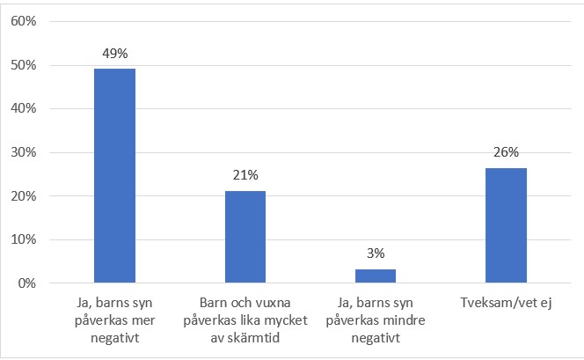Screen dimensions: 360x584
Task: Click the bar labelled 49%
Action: pyautogui.click(x=115, y=176)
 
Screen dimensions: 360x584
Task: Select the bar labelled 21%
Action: pyautogui.click(x=245, y=237)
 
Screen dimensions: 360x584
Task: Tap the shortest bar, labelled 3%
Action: pyautogui.click(x=376, y=276)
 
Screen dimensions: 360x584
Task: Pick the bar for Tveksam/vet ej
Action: pyautogui.click(x=506, y=226)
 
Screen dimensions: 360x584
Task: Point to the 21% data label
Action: pyautogui.click(x=245, y=174)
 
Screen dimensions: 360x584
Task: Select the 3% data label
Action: pyautogui.click(x=376, y=253)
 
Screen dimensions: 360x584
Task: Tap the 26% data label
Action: pyautogui.click(x=506, y=151)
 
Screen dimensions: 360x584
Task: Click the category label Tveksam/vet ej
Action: pyautogui.click(x=506, y=304)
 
